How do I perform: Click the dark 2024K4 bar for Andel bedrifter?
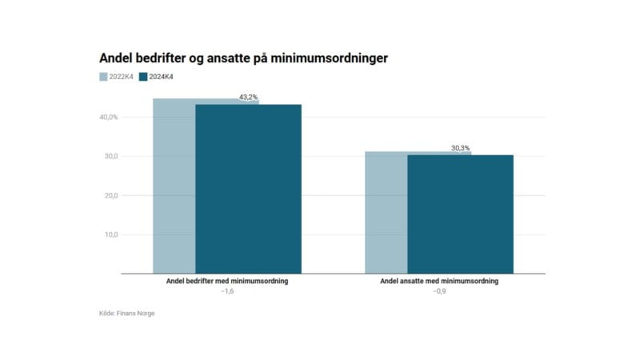pos(248,189)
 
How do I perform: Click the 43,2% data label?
pos(249,98)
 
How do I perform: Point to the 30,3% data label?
pos(461,148)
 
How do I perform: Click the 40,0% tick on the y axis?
pos(109,118)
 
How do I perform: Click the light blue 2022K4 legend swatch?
pos(103,77)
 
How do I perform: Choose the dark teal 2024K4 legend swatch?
pos(143,77)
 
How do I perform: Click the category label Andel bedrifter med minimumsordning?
pos(226,282)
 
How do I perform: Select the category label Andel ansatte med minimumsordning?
pos(439,282)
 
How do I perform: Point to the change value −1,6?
pos(226,292)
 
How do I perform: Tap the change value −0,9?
pos(439,292)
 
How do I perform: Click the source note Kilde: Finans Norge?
pos(122,314)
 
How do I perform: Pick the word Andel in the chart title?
pos(116,58)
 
